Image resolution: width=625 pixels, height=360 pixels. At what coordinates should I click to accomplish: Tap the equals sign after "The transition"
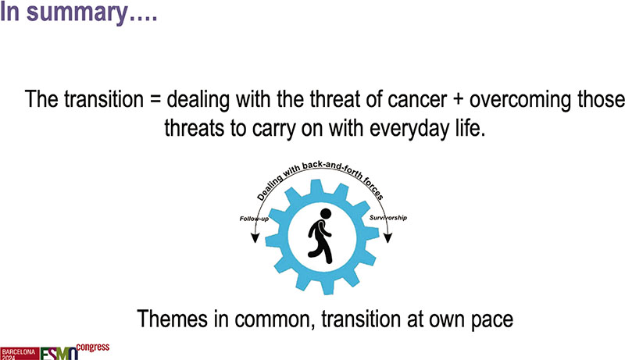[x=155, y=99]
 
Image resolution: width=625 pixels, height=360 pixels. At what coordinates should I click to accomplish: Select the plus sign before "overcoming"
[x=458, y=99]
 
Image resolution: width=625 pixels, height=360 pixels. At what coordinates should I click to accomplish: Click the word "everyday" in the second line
[x=409, y=129]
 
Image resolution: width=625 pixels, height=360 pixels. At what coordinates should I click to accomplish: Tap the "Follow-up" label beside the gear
[x=254, y=219]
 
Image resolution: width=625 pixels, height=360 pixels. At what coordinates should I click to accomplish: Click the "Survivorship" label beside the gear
[x=387, y=218]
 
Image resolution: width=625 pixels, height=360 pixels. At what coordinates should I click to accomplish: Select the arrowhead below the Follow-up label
[x=255, y=237]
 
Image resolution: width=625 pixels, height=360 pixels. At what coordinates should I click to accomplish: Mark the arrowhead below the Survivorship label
[x=387, y=237]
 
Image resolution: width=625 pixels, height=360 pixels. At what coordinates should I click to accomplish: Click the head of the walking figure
[x=326, y=214]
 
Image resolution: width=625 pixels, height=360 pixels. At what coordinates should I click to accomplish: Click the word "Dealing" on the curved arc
[x=269, y=187]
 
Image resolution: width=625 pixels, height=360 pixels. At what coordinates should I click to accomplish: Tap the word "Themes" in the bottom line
[x=172, y=319]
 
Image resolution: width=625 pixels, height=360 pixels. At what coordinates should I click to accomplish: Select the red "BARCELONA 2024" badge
[x=20, y=354]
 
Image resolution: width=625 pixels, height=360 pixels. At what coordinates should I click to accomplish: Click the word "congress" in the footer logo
[x=92, y=348]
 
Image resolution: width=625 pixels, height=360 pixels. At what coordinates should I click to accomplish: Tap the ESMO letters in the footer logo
[x=59, y=354]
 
